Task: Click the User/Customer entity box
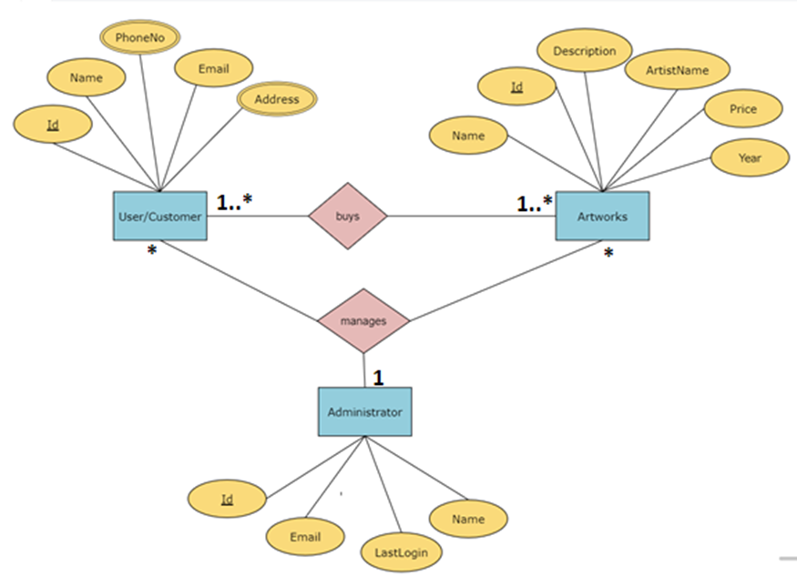(x=159, y=216)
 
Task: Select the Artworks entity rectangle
(x=602, y=216)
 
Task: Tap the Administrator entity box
(x=364, y=411)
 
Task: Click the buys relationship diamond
(x=347, y=216)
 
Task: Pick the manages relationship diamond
(x=363, y=320)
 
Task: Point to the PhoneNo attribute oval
(x=139, y=37)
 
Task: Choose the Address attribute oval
(x=277, y=99)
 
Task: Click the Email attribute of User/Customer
(x=212, y=68)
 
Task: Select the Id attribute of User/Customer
(x=53, y=124)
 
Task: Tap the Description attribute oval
(x=584, y=51)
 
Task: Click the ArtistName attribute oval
(x=676, y=69)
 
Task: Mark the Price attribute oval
(x=742, y=109)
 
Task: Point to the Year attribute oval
(x=749, y=157)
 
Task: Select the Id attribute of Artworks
(x=516, y=86)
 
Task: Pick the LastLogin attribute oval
(x=401, y=551)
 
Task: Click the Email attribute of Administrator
(x=305, y=537)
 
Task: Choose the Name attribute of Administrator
(x=468, y=519)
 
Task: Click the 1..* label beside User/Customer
(x=234, y=201)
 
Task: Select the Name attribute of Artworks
(x=468, y=136)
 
